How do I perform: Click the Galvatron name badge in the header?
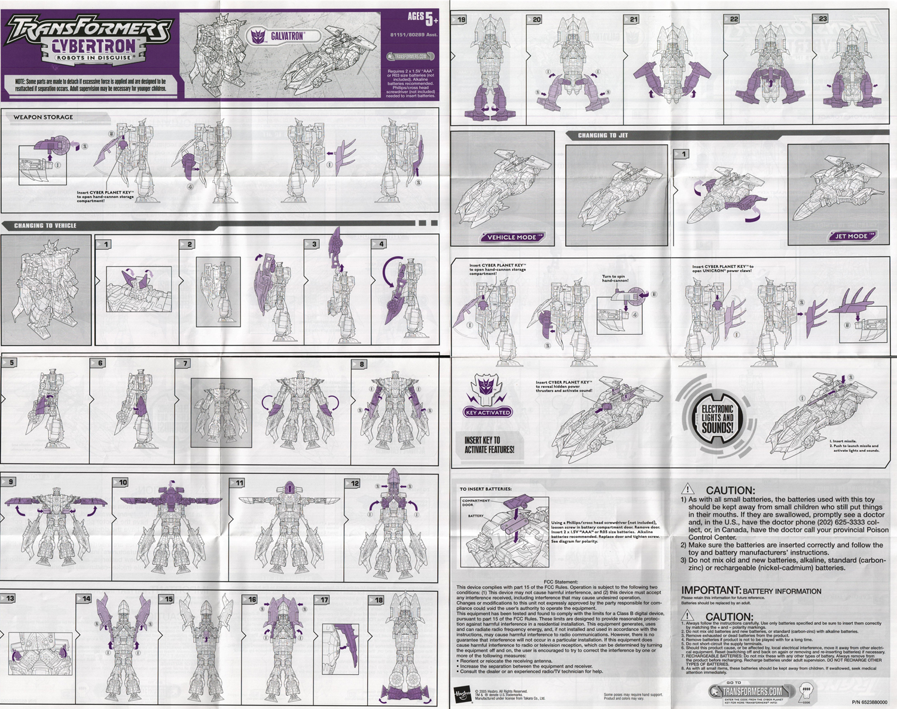(x=280, y=36)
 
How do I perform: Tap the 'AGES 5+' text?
(x=422, y=19)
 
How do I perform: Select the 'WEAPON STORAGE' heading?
(x=43, y=117)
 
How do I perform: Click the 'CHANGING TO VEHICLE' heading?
(x=45, y=225)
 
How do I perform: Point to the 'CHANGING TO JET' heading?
(x=603, y=136)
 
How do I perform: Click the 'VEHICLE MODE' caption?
(x=511, y=237)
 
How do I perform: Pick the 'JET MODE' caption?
(x=851, y=236)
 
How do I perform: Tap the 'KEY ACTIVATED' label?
(x=488, y=412)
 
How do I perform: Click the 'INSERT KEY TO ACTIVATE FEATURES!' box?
(x=489, y=444)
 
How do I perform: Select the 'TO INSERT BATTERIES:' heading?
(x=486, y=489)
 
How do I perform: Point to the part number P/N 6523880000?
(x=869, y=702)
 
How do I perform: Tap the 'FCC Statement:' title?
(x=561, y=582)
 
